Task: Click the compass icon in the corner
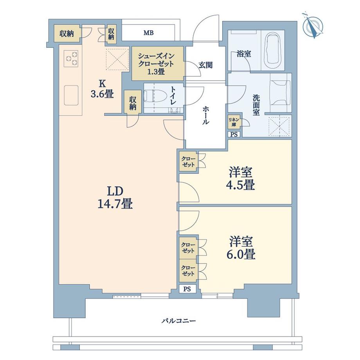pos(313,26)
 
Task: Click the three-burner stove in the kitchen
pos(71,59)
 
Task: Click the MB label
pos(148,33)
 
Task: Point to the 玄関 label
pos(205,65)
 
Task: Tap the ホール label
pos(205,116)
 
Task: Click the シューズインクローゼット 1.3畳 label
pos(158,63)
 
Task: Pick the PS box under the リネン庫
pos(234,134)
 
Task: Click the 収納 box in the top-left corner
pos(67,33)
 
